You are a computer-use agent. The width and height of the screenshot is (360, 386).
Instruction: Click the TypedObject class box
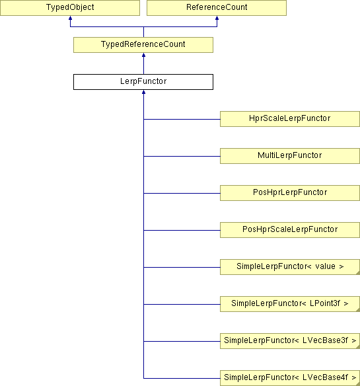70,8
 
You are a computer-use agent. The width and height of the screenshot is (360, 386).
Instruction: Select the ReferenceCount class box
217,8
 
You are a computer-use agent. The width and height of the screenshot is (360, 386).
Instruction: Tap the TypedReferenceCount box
143,45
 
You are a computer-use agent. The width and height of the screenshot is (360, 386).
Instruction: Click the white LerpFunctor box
143,82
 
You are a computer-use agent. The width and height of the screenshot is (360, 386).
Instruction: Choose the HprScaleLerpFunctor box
290,119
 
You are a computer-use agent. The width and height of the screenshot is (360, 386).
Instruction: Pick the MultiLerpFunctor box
290,156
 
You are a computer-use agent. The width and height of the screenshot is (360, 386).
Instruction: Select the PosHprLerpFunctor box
290,193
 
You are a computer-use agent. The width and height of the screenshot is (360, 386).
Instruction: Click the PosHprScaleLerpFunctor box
290,230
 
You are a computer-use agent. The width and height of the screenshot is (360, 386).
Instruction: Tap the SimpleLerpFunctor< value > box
290,267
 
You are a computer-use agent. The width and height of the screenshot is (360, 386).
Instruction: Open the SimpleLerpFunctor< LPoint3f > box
290,304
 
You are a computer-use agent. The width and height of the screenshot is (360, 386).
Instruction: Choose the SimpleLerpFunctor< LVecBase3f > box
290,341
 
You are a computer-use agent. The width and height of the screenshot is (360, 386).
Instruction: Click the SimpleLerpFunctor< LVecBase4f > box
290,378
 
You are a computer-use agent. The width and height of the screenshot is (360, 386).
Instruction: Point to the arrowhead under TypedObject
71,18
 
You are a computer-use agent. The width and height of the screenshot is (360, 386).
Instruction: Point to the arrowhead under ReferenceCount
217,18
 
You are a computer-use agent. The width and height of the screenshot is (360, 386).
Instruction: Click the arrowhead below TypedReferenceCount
144,55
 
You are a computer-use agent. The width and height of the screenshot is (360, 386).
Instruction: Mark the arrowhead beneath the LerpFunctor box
144,92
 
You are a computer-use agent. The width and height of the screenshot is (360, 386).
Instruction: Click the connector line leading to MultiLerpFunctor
182,156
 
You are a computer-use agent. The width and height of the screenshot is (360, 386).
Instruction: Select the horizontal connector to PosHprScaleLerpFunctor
182,230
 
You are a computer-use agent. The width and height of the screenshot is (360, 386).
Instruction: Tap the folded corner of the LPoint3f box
358,310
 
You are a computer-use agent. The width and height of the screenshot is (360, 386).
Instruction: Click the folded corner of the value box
358,273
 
